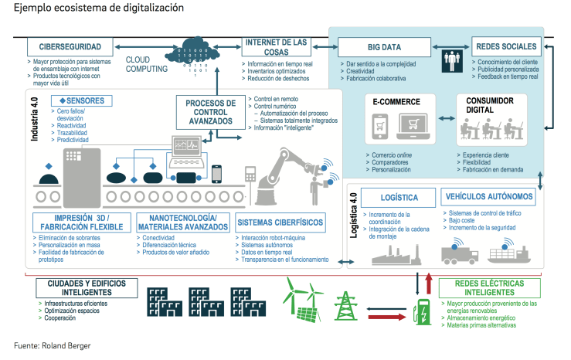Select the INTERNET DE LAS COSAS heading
(x=277, y=46)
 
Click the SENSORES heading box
(x=81, y=100)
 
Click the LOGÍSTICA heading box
(x=400, y=197)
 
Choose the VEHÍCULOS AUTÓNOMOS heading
(x=487, y=197)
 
